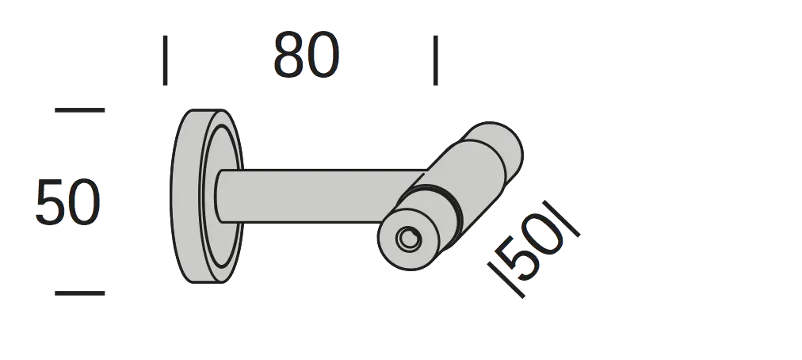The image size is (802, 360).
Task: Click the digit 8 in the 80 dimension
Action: pos(289,55)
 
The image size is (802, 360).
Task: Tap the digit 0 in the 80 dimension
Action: pos(323,55)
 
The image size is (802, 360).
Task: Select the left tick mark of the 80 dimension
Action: pos(165,60)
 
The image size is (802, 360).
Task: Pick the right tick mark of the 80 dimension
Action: pos(435,60)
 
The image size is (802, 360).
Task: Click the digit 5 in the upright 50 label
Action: pos(50,201)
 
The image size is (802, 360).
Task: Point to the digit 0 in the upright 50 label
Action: pos(84,201)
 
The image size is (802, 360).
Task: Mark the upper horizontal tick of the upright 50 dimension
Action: pos(80,110)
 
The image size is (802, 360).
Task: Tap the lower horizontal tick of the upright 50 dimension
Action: pos(80,293)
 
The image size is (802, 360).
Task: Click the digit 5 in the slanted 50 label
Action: pos(520,259)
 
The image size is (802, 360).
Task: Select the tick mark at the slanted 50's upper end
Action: pos(562,219)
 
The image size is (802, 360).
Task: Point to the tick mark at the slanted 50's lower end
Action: pos(506,280)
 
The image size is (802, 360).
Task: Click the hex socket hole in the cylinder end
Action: pos(408,238)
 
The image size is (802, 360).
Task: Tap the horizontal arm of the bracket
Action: pos(323,196)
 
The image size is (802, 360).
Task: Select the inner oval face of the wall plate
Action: pos(221,196)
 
